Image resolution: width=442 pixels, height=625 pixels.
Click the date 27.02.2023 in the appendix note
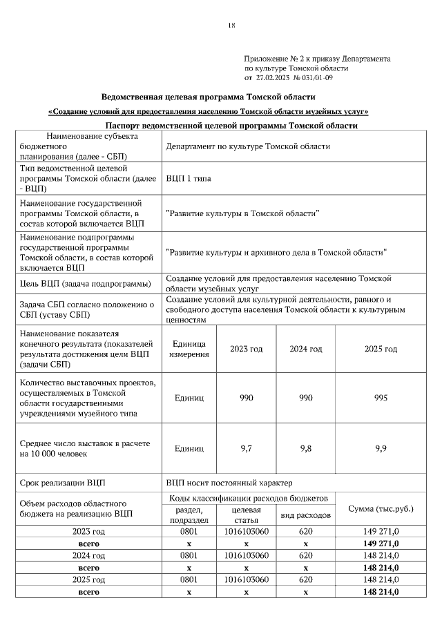tap(275, 78)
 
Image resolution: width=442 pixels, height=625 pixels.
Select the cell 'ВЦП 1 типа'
tap(189, 178)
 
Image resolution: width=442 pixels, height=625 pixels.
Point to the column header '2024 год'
tap(305, 349)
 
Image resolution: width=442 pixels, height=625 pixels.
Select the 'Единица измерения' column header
tap(189, 349)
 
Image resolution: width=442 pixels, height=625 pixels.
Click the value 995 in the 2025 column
tap(381, 398)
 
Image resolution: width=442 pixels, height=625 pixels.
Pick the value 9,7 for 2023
tap(246, 448)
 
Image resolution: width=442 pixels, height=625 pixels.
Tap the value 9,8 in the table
tap(305, 448)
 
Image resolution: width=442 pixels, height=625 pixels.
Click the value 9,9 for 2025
tap(381, 448)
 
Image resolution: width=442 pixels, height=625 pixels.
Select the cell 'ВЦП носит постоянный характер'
tap(229, 481)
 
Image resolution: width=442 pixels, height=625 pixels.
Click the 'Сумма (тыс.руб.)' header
tap(381, 509)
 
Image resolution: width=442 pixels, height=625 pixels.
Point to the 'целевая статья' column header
tap(246, 515)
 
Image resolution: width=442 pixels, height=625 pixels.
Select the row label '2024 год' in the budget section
tap(89, 555)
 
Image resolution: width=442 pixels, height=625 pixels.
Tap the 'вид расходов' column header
tap(305, 515)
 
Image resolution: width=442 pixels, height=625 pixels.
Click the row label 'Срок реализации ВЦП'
tap(64, 481)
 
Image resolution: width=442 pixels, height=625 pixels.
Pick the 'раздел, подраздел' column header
tap(189, 515)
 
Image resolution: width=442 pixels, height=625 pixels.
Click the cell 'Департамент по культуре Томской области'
tap(248, 146)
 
